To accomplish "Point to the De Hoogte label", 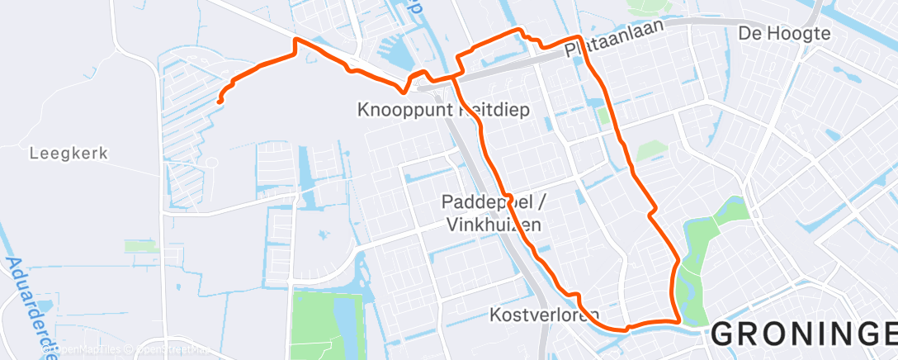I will tap(783, 35).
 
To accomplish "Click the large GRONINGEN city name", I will tap(803, 335).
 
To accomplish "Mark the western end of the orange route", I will tap(220, 102).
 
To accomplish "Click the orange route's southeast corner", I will tap(678, 321).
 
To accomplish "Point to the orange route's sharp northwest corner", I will tap(295, 39).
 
